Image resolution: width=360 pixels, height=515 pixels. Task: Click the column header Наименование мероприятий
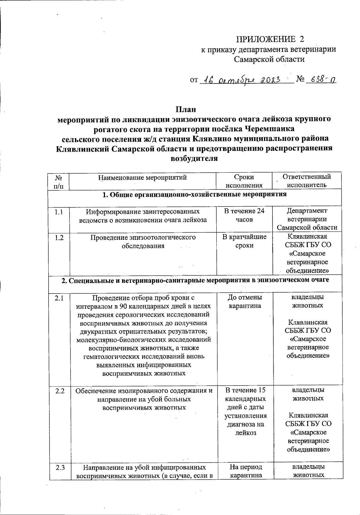(x=143, y=177)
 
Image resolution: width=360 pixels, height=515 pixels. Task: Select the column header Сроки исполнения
(x=244, y=181)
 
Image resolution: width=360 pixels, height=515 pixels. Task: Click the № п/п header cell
(x=59, y=181)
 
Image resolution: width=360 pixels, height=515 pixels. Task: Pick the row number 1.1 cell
(x=59, y=212)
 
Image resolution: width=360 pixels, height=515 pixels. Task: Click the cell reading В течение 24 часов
(x=244, y=215)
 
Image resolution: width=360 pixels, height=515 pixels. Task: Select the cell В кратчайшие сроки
(x=244, y=241)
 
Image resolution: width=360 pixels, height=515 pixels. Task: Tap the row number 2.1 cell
(x=59, y=298)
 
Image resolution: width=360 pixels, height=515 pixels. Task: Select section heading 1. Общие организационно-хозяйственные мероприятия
(x=194, y=195)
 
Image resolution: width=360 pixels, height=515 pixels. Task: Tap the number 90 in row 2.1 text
(x=123, y=306)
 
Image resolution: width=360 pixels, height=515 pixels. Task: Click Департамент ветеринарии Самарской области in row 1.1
(x=307, y=219)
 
